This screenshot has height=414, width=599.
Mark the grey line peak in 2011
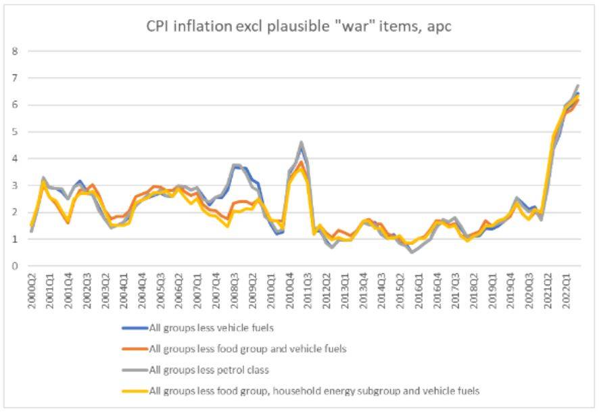pyautogui.click(x=301, y=143)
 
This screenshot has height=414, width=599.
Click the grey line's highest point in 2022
pyautogui.click(x=579, y=86)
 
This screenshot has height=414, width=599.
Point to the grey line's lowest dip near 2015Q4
pyautogui.click(x=412, y=252)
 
